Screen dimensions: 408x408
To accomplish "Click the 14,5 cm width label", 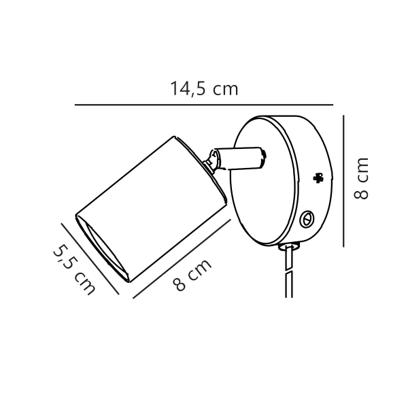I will pos(204,88).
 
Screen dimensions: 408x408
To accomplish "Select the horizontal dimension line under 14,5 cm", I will pos(204,105).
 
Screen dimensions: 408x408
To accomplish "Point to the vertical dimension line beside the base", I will pos(345,180).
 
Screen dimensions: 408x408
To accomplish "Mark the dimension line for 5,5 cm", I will pos(90,258).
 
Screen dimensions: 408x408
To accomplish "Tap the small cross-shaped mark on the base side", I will pos(317,178).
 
